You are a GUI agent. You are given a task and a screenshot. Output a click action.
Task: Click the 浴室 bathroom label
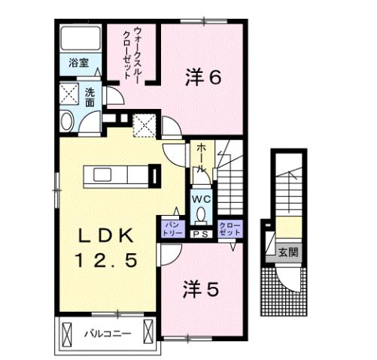pyautogui.click(x=79, y=64)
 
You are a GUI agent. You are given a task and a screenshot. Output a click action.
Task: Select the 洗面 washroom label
pyautogui.click(x=90, y=98)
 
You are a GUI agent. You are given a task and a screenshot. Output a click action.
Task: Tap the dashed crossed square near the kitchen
pyautogui.click(x=143, y=125)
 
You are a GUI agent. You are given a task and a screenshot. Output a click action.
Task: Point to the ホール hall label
pyautogui.click(x=200, y=159)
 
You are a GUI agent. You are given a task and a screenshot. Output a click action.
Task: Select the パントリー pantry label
pyautogui.click(x=172, y=228)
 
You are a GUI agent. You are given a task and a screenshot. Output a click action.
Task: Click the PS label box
pyautogui.click(x=201, y=234)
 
